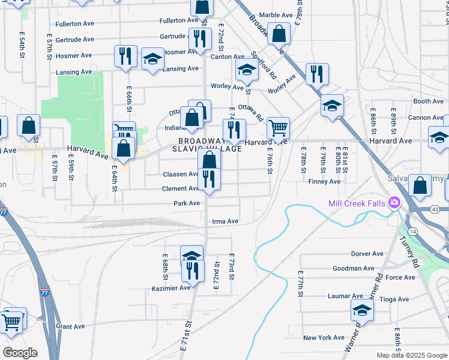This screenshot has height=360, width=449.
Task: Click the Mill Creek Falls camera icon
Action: [394, 203]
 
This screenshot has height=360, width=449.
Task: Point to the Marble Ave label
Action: [276, 15]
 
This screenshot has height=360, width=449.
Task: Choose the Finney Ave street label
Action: [324, 181]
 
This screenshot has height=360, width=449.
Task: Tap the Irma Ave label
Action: [225, 221]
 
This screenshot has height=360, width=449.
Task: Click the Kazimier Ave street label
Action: [171, 288]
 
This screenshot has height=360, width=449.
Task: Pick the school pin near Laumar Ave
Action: [363, 310]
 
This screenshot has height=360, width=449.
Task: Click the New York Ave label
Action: [324, 338]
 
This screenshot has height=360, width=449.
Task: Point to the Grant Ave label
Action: [68, 326]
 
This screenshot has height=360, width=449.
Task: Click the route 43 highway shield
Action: [435, 208]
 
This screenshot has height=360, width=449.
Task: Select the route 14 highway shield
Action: [412, 231]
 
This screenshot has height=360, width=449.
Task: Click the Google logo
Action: [19, 352]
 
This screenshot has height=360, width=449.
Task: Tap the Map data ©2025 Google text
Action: [412, 355]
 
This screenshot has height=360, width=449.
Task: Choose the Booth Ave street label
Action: [428, 101]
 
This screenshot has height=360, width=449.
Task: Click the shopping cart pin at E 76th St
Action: [278, 128]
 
